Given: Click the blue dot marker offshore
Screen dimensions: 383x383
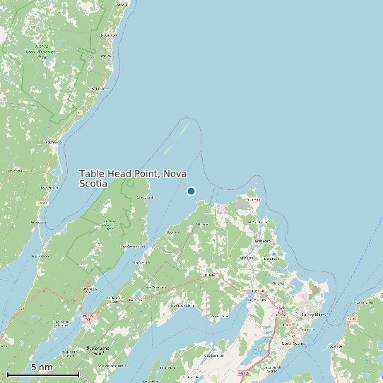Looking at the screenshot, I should pyautogui.click(x=191, y=191).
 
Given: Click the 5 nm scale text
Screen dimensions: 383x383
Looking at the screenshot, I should pyautogui.click(x=42, y=367).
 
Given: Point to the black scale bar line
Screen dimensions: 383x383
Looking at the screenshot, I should pyautogui.click(x=42, y=374).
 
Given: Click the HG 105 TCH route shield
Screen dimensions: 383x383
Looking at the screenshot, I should pyautogui.click(x=88, y=317).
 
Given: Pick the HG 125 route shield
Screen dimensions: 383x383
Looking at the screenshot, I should pyautogui.click(x=371, y=319).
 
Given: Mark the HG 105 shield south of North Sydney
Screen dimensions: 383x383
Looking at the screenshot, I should pyautogui.click(x=244, y=372).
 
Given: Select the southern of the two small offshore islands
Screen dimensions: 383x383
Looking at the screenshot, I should pyautogui.click(x=167, y=150).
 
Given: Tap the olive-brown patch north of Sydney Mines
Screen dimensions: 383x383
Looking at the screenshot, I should pyautogui.click(x=315, y=291).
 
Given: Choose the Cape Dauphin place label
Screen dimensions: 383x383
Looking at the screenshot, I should pyautogui.click(x=146, y=198).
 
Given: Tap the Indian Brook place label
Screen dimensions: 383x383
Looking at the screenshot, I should pyautogui.click(x=99, y=88).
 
